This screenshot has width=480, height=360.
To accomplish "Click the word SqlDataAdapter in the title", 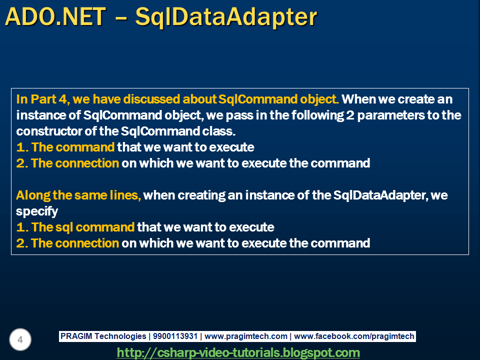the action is [x=226, y=17].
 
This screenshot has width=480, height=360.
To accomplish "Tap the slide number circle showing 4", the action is [x=20, y=339].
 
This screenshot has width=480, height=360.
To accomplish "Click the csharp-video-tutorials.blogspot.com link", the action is [x=238, y=352].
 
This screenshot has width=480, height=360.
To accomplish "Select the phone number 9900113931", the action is [x=175, y=336].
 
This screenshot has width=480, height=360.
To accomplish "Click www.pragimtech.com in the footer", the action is [x=246, y=336].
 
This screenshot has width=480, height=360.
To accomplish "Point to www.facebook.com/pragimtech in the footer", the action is [x=354, y=336].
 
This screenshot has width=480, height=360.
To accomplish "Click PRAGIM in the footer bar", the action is [x=76, y=336].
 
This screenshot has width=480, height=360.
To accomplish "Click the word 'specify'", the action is [x=37, y=211].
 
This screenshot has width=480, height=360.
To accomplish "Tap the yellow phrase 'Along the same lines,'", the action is [x=78, y=195].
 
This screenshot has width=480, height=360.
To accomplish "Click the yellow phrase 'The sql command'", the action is [x=82, y=227].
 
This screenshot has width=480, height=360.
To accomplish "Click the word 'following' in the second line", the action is [x=317, y=115].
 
